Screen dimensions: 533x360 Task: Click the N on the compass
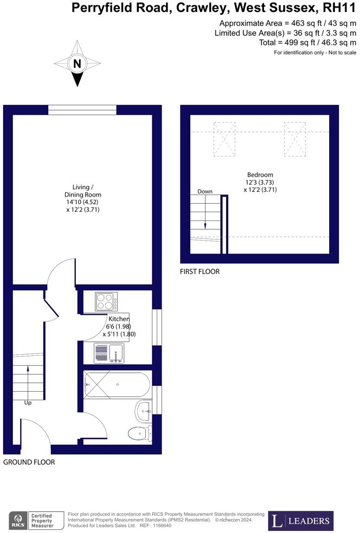[77, 64]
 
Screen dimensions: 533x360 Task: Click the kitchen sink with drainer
[108, 353]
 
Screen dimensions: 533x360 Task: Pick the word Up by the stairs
[28, 403]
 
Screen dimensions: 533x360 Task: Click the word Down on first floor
[205, 191]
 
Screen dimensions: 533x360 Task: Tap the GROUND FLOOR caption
[29, 463]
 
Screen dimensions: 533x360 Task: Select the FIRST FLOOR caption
[200, 271]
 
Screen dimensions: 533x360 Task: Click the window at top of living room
[82, 110]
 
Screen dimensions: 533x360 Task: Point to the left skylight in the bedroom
[224, 139]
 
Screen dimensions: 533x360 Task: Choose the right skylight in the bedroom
[294, 139]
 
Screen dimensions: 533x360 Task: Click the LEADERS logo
[302, 521]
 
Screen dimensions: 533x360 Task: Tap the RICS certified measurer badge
[37, 521]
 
